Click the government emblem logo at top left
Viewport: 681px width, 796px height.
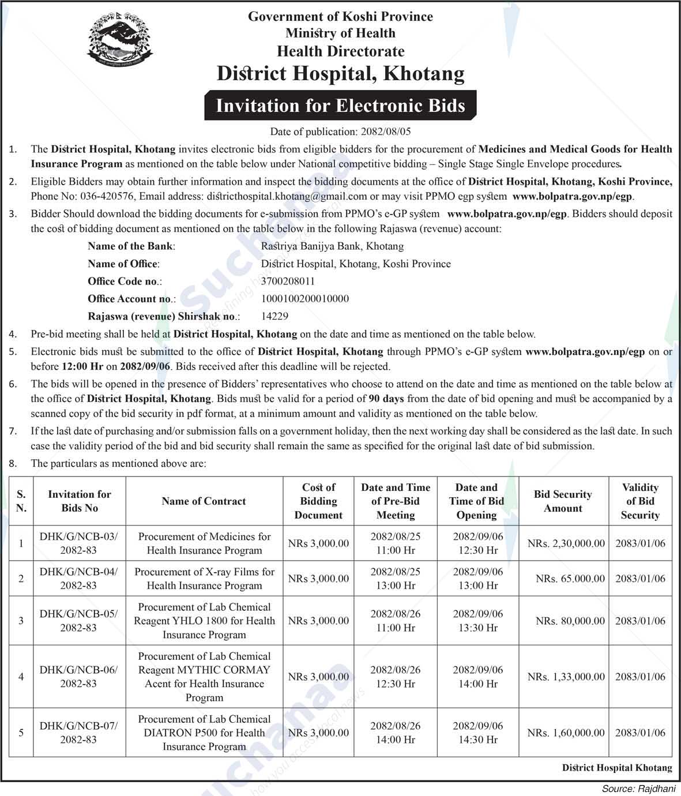coord(121,36)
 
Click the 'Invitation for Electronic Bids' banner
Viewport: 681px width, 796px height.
coord(340,106)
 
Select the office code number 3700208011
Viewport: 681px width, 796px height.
coord(288,281)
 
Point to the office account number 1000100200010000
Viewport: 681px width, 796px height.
coord(304,299)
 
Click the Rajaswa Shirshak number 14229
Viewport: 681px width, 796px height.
coord(274,316)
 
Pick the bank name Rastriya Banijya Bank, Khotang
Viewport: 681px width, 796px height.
coord(332,246)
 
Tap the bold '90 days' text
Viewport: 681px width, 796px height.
coord(386,399)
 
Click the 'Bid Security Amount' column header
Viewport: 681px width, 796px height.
coord(563,501)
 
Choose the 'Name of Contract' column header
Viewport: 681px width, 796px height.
coord(204,501)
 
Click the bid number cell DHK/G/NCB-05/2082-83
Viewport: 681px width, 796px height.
coord(78,621)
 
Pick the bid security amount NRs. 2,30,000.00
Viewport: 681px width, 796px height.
coord(566,543)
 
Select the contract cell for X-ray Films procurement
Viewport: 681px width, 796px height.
coord(204,579)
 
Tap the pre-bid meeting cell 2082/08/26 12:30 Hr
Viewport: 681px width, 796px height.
coord(395,677)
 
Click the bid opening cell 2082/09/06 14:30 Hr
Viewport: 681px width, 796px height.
coord(477,733)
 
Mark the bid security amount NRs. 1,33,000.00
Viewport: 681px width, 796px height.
coord(566,677)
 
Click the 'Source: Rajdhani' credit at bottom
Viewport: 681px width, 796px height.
coord(638,789)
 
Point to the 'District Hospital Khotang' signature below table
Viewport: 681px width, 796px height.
coord(616,768)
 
